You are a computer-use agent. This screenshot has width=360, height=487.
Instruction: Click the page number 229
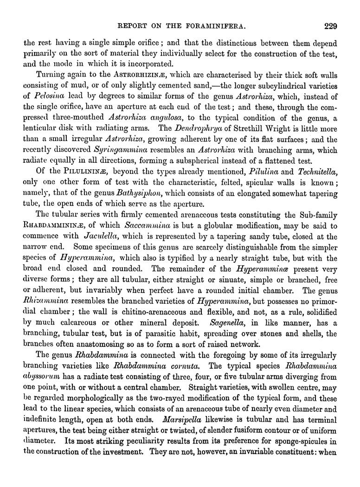point(330,26)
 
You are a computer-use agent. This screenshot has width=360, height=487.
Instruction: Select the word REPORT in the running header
point(135,26)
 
